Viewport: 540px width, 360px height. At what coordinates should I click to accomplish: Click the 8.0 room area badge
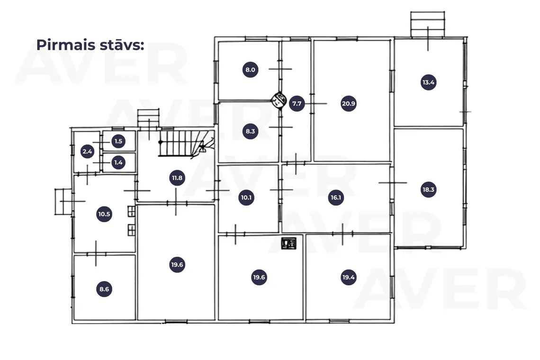point(250,70)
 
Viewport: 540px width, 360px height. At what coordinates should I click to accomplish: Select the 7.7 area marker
point(297,103)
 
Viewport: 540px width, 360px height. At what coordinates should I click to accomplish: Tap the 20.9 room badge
point(348,103)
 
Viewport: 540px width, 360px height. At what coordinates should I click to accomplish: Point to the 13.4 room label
point(428,82)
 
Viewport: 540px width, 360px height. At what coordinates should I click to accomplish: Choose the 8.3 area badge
point(250,131)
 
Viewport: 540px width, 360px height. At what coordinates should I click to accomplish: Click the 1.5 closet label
point(118,141)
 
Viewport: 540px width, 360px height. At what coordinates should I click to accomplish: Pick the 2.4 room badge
point(87,151)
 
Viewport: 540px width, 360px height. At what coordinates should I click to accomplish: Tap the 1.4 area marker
point(118,162)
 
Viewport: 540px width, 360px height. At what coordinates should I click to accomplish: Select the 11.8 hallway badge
point(177,178)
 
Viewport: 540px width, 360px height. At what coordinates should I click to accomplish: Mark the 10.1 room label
point(246,198)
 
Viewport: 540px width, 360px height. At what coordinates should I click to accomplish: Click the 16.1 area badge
point(336,198)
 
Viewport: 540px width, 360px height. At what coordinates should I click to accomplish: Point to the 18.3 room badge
point(428,189)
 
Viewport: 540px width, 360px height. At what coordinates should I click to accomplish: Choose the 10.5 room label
point(104,214)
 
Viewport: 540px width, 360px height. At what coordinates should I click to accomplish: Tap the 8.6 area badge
point(104,289)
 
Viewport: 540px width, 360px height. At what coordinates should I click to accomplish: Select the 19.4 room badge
point(348,277)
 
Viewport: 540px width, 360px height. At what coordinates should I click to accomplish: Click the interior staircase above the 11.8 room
point(186,143)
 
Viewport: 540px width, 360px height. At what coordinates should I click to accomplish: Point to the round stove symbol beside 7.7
point(279,100)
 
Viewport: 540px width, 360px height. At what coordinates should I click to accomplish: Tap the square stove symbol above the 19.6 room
point(288,243)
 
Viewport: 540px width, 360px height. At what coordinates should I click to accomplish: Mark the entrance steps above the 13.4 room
point(427,24)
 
